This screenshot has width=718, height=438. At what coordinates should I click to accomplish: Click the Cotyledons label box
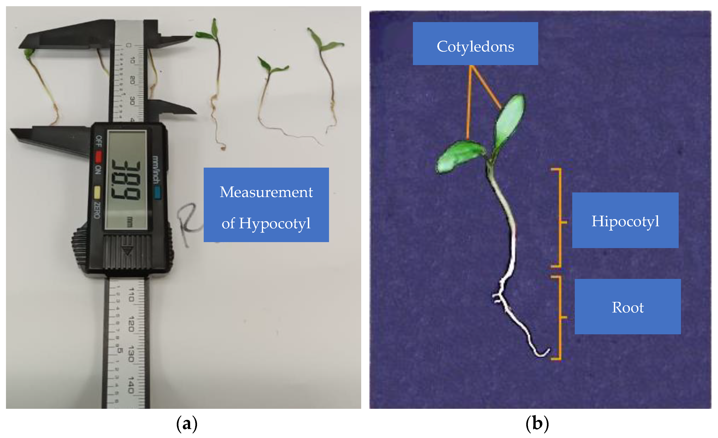pyautogui.click(x=475, y=44)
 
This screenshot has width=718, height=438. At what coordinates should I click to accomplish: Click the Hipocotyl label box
pyautogui.click(x=625, y=220)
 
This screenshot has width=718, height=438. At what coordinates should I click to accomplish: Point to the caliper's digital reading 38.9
pyautogui.click(x=126, y=180)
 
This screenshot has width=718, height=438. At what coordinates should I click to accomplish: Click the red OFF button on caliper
pyautogui.click(x=98, y=157)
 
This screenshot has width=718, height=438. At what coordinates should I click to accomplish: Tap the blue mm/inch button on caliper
pyautogui.click(x=157, y=193)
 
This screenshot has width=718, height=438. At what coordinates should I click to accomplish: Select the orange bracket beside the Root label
pyautogui.click(x=560, y=318)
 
